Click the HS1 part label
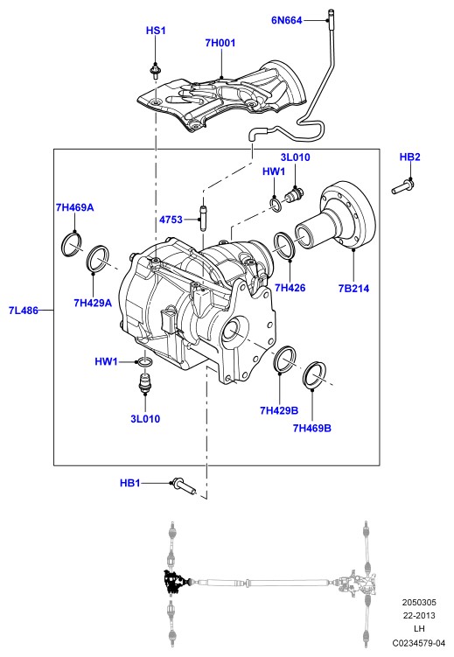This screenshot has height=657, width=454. click(x=156, y=31)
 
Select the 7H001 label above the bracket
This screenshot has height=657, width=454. click(x=220, y=43)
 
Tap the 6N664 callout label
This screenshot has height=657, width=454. click(x=286, y=20)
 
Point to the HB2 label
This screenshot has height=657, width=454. click(x=409, y=157)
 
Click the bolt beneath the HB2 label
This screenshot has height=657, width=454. click(x=403, y=186)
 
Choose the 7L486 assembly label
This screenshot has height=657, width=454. click(x=24, y=311)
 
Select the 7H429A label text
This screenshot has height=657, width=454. click(x=93, y=303)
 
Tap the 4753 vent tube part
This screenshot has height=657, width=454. click(x=203, y=218)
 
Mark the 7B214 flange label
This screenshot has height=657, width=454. click(x=354, y=289)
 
